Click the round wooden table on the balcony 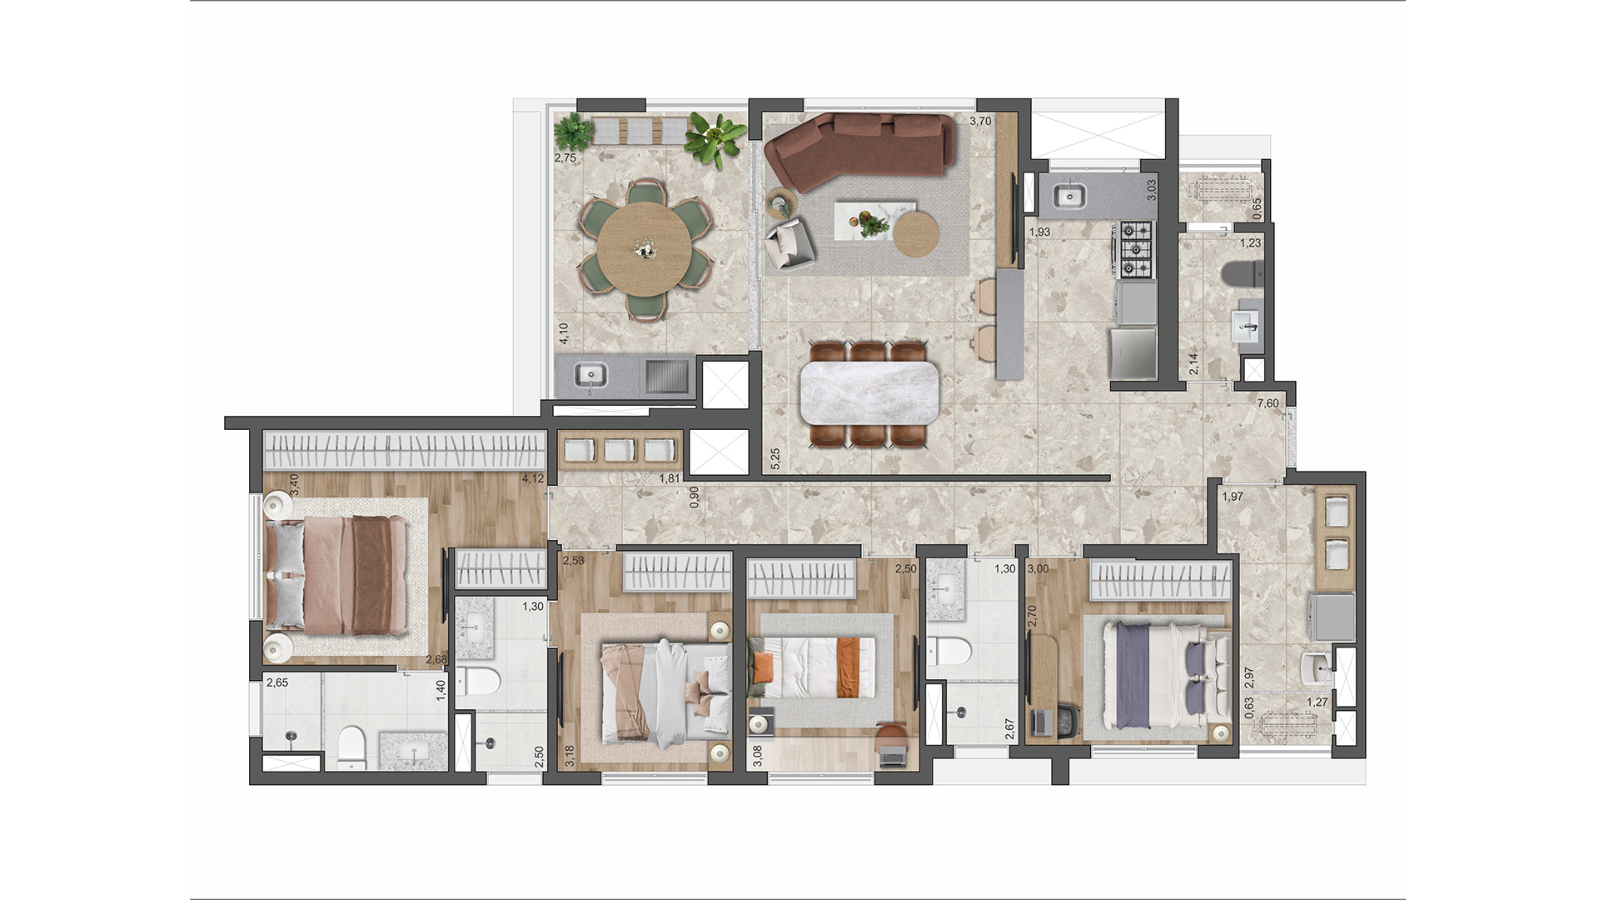645,249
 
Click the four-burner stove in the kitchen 1136,249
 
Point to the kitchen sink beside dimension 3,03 1068,197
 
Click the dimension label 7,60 1268,403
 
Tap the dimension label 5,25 775,459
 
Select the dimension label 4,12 532,478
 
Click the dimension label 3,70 980,121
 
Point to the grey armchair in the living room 789,244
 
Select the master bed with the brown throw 337,575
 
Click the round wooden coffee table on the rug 916,233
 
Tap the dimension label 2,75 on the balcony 565,157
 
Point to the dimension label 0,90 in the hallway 695,497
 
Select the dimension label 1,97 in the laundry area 1232,497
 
